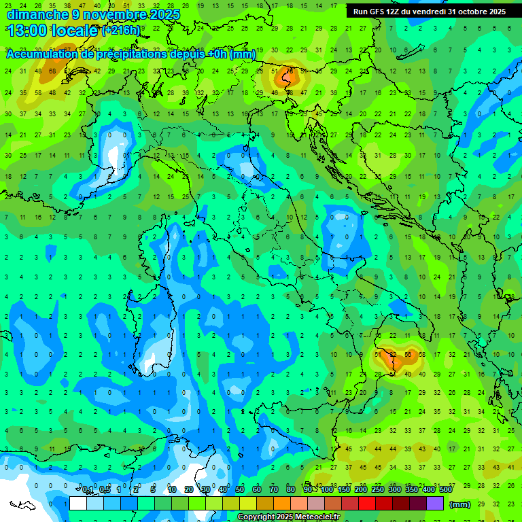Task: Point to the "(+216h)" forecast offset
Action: click(121, 31)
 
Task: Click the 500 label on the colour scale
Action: click(446, 489)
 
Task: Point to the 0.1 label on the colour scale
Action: click(88, 489)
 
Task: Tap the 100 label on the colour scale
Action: click(327, 489)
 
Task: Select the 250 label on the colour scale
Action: click(378, 489)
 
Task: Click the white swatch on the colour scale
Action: click(78, 504)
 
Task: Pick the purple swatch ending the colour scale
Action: click(435, 504)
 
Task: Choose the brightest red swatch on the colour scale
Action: click(367, 504)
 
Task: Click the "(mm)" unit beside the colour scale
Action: click(459, 504)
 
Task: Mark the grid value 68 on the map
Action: click(52, 71)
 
